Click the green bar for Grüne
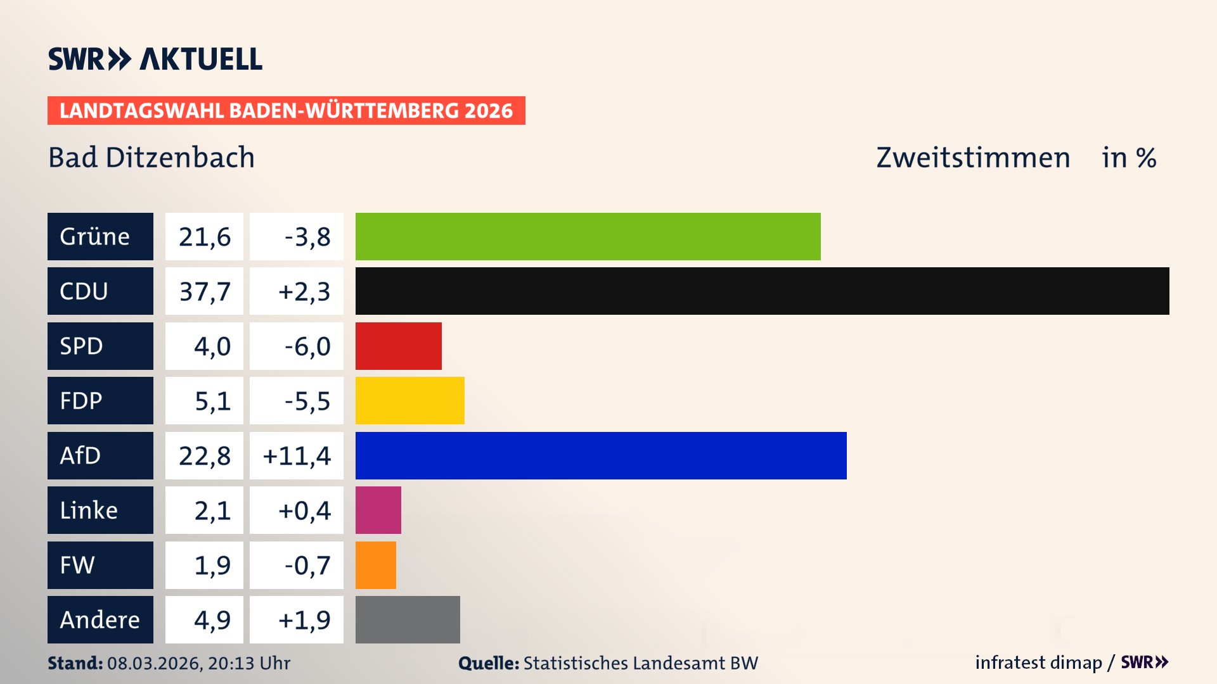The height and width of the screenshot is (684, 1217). [588, 236]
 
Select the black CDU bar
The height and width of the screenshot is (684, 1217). [762, 291]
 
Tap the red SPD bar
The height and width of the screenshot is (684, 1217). [398, 346]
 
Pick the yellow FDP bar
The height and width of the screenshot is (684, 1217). [409, 400]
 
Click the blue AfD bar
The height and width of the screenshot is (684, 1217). [600, 455]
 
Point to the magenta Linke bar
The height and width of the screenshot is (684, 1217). [378, 510]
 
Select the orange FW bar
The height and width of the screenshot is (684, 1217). [375, 565]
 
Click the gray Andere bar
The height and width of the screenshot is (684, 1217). [408, 619]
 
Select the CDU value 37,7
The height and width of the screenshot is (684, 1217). [204, 291]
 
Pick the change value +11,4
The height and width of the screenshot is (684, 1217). [297, 455]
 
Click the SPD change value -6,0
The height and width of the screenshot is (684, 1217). [307, 346]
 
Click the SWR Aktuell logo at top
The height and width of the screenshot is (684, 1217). [155, 59]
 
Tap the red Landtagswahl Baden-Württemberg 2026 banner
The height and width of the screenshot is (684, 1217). [286, 110]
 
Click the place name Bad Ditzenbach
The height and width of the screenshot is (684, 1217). [151, 158]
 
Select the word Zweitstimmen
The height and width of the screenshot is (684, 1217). [973, 158]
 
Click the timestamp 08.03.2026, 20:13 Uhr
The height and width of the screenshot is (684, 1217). [198, 663]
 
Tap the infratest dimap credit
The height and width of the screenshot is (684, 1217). [1038, 662]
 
